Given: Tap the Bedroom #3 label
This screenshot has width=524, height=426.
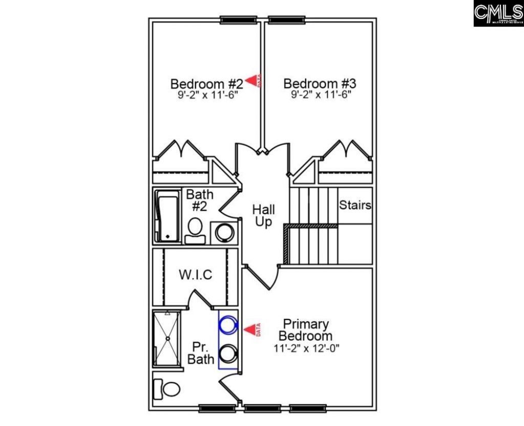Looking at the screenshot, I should [320, 83].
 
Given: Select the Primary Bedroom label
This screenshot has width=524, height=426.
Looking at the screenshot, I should [305, 330].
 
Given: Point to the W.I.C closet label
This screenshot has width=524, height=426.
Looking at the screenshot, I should [195, 275].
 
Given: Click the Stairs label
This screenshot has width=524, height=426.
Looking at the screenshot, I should [355, 206].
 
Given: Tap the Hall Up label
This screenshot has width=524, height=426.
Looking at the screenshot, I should [264, 216].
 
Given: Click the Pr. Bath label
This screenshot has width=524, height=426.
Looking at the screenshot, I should [201, 353].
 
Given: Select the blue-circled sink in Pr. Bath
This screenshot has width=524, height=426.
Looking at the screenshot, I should [228, 324].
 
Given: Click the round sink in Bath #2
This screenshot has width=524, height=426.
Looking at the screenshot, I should [225, 232].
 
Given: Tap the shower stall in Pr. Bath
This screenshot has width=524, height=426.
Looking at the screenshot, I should [167, 339].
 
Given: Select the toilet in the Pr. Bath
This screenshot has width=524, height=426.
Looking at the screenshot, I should [167, 389].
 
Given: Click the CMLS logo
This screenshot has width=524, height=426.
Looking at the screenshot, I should [498, 13].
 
